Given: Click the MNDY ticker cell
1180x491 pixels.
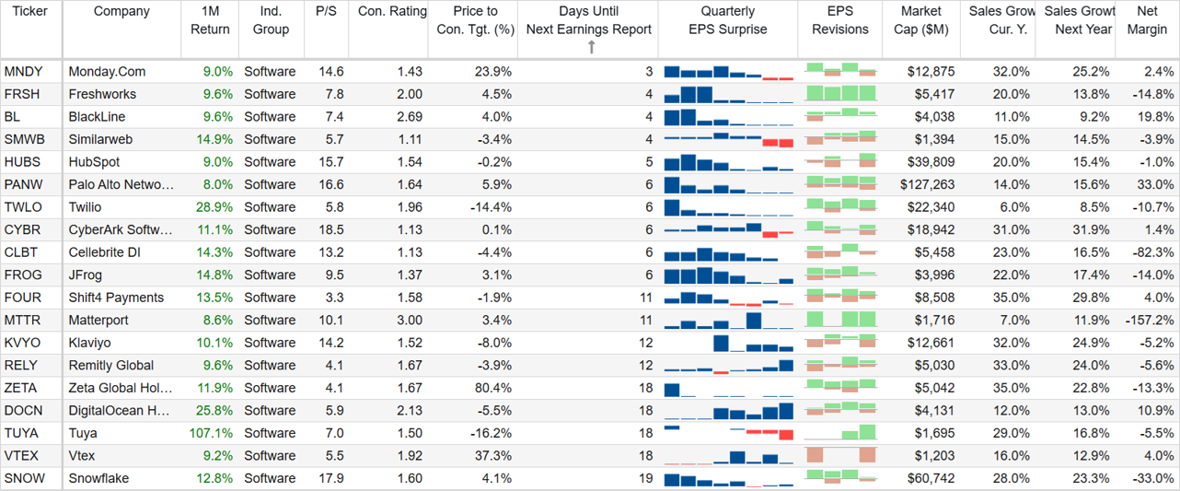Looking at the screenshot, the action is (24, 72).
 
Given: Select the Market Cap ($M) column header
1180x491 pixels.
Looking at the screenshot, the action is (920, 20).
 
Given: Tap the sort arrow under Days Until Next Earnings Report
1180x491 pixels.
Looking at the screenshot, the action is (592, 48).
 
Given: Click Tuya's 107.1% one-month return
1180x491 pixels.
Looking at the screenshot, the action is (211, 434).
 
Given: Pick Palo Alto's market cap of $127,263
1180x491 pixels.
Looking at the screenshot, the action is (927, 184).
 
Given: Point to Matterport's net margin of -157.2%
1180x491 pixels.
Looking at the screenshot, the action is (1150, 321).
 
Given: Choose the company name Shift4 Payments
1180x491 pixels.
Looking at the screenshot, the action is (116, 298).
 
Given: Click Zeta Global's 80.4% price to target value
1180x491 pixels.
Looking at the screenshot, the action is (493, 388).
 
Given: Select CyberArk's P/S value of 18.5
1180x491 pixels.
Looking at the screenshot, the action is (330, 230).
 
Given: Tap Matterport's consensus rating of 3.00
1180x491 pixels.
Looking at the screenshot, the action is (410, 321).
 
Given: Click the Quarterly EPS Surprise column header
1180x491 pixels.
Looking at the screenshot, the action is (727, 20).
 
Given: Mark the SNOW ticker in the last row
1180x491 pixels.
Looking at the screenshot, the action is (25, 478).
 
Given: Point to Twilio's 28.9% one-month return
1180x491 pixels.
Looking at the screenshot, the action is (214, 207).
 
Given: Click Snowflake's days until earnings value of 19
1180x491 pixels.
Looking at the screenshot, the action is (646, 478).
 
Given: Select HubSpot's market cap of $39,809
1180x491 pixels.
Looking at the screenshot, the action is (931, 162).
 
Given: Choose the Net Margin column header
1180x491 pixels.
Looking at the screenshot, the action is (1147, 20).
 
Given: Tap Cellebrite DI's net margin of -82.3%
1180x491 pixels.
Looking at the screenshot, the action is (1153, 252).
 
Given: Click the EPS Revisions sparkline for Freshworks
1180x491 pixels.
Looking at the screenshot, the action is (840, 93).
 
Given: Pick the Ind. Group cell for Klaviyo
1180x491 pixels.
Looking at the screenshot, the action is (270, 343).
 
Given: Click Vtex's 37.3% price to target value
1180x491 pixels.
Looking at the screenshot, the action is (493, 456).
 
